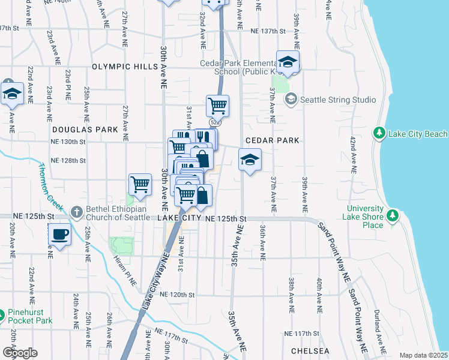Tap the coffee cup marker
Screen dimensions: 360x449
[59, 234]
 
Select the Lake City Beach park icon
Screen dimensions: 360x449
[379, 133]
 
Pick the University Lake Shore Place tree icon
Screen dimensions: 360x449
[393, 215]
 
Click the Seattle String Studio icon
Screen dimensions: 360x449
[291, 99]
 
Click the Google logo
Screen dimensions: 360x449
[20, 352]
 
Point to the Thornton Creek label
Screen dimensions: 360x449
[51, 187]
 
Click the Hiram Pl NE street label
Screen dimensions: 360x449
[125, 268]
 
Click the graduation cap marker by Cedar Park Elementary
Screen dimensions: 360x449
[288, 62]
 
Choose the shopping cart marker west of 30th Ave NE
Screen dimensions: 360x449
[140, 185]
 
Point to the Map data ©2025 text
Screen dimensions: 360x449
[423, 355]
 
